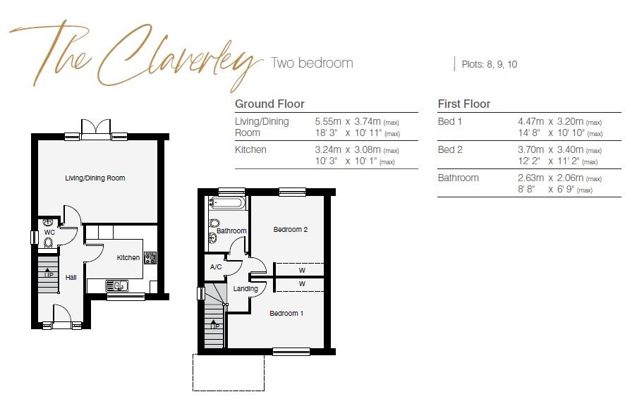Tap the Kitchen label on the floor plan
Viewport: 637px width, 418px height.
point(128,258)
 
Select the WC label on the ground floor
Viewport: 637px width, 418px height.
point(49,232)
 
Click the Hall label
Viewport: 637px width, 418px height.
point(71,278)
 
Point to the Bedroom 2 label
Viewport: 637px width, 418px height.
point(291,230)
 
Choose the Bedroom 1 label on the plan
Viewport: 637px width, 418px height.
point(286,313)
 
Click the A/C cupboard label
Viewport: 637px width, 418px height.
point(217,267)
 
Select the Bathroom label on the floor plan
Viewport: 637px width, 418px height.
point(231,231)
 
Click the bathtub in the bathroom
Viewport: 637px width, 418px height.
point(227,204)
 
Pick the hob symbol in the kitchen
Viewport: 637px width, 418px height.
point(150,259)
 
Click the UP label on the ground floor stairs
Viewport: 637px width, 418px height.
point(48,274)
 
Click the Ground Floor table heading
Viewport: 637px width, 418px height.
point(269,104)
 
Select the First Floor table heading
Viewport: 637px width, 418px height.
point(463,104)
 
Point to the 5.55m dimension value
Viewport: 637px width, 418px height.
point(328,121)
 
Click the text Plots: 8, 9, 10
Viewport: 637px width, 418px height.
point(489,64)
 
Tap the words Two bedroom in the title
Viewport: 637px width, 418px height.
point(312,63)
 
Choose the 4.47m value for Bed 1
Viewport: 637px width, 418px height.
point(531,121)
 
